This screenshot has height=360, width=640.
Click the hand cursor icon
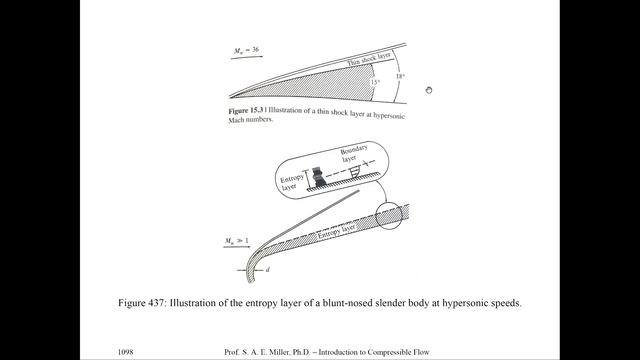pos(428,91)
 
